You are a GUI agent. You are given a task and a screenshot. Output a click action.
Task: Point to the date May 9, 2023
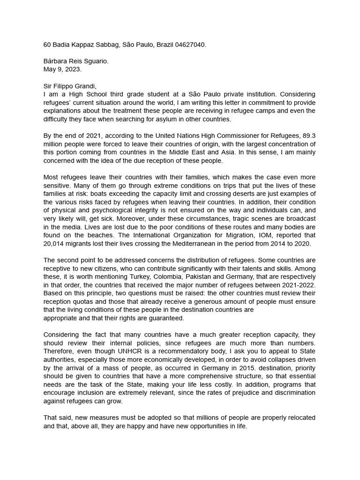click(x=62, y=69)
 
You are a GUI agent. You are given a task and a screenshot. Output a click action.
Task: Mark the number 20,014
click(x=56, y=244)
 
